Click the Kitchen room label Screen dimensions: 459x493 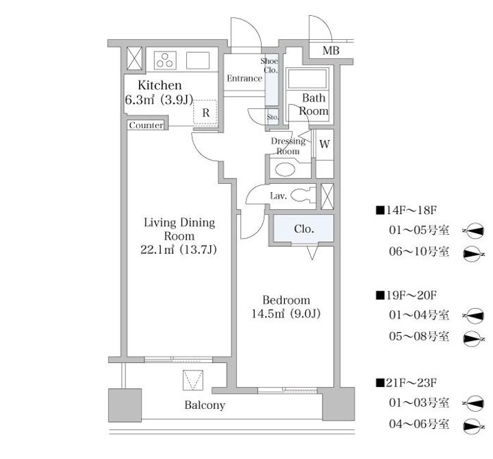(x=160, y=86)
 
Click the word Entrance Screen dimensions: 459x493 (x=244, y=78)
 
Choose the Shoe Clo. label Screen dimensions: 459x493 (x=270, y=65)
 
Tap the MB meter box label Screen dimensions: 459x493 (x=331, y=50)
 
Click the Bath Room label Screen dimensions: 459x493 (x=314, y=104)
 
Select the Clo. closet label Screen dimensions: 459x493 (x=304, y=229)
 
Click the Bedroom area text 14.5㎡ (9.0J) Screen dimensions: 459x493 (x=287, y=314)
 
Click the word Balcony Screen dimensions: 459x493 (x=205, y=405)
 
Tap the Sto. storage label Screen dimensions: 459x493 (x=272, y=117)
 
